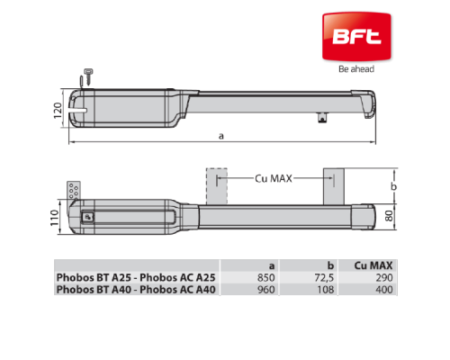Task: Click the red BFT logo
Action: tap(356, 37)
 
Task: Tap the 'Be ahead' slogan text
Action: tap(356, 69)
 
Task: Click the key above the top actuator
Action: tap(88, 76)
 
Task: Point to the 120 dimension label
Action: tap(58, 110)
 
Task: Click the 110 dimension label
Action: tap(54, 218)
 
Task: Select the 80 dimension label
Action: tap(389, 216)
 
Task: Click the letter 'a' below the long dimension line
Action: tap(221, 136)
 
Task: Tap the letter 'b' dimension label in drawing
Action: tap(394, 186)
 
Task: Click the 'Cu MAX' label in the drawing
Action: tap(274, 178)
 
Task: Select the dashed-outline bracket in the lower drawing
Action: tap(217, 186)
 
